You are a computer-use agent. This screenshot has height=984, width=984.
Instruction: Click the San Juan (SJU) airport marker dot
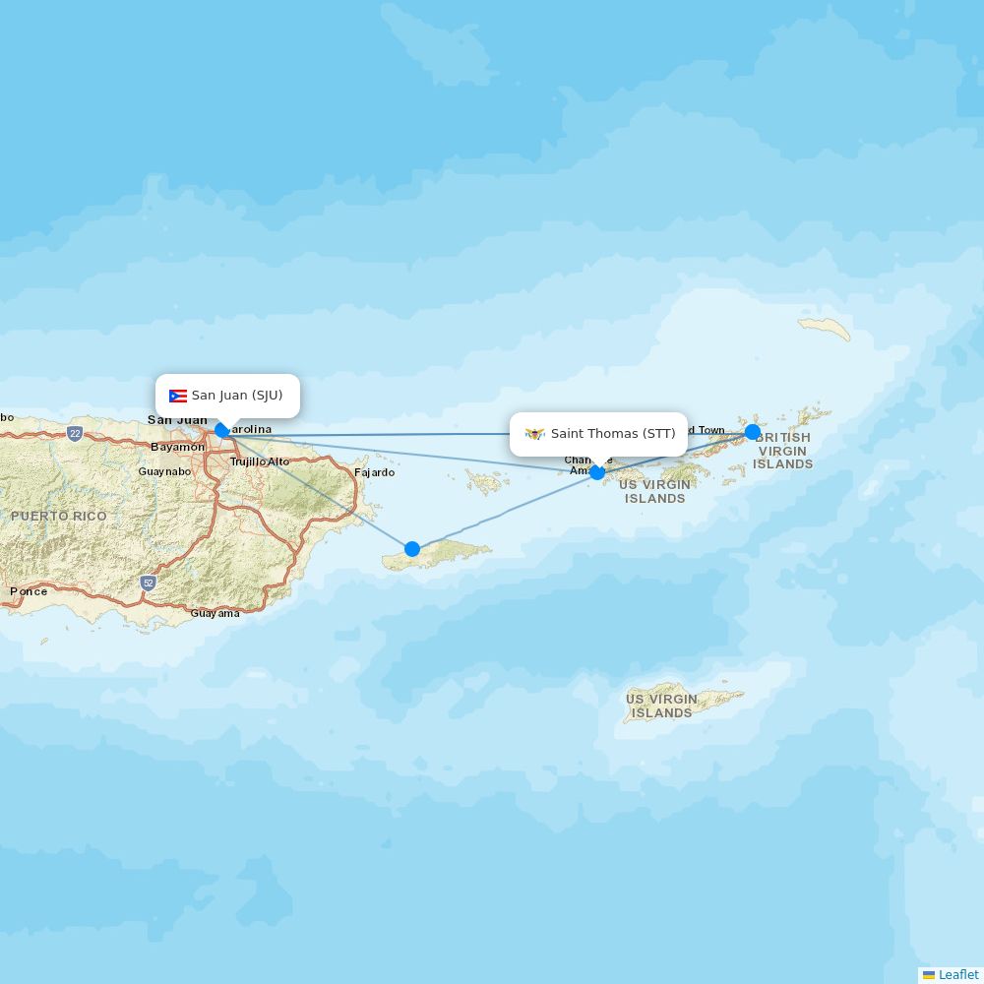pyautogui.click(x=221, y=430)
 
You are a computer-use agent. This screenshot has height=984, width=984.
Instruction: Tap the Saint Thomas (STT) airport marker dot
pyautogui.click(x=597, y=472)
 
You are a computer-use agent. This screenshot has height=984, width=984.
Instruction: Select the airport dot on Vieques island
pyautogui.click(x=412, y=549)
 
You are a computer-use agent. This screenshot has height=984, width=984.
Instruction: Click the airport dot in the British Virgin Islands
pyautogui.click(x=753, y=432)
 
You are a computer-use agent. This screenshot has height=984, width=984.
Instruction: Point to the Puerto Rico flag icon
pyautogui.click(x=178, y=397)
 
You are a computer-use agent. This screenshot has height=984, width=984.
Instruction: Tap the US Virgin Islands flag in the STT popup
pyautogui.click(x=535, y=434)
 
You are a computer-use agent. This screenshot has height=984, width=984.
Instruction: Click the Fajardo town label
pyautogui.click(x=374, y=472)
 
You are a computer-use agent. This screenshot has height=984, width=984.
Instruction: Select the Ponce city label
pyautogui.click(x=29, y=591)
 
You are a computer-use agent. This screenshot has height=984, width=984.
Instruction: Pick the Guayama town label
pyautogui.click(x=215, y=613)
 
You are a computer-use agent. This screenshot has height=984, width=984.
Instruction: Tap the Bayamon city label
pyautogui.click(x=178, y=447)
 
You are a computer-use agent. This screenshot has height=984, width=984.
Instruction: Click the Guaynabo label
pyautogui.click(x=164, y=471)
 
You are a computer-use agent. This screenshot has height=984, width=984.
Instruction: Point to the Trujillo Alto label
pyautogui.click(x=260, y=461)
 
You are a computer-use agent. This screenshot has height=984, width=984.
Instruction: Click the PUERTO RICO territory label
pyautogui.click(x=59, y=516)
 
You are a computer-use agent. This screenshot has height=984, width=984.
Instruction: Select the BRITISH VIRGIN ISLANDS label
pyautogui.click(x=783, y=451)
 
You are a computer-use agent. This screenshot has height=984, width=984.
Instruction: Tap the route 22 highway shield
pyautogui.click(x=75, y=433)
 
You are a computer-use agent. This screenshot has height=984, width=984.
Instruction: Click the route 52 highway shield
pyautogui.click(x=148, y=583)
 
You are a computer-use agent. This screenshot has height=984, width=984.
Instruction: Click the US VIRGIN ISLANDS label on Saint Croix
pyautogui.click(x=661, y=706)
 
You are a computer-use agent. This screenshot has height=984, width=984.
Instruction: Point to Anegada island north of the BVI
pyautogui.click(x=825, y=328)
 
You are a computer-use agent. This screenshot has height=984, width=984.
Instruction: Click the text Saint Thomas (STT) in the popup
pyautogui.click(x=613, y=434)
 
